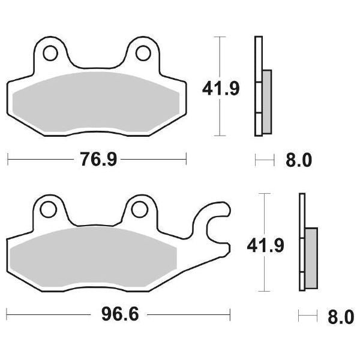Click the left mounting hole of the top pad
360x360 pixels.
tap(49, 52)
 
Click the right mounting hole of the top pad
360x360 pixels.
tap(143, 52)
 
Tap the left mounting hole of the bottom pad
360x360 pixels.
tap(45, 209)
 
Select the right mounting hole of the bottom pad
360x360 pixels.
tap(139, 209)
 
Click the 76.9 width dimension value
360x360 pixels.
tap(97, 160)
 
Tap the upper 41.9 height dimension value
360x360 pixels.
tap(220, 89)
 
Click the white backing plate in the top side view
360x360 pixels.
tap(258, 60)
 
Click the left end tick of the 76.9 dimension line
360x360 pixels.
tap(8, 159)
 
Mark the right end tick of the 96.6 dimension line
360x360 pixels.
tap(230, 314)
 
